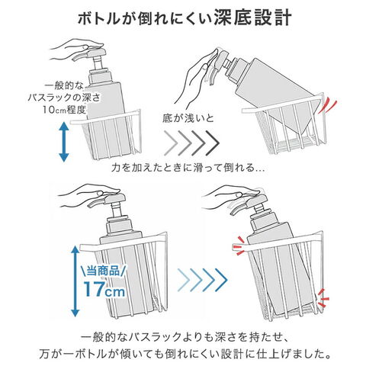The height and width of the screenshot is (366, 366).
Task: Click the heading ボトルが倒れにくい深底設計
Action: coord(185,18)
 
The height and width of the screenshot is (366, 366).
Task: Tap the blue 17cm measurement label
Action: coord(104,289)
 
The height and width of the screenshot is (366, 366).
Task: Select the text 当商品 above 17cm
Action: coord(103,271)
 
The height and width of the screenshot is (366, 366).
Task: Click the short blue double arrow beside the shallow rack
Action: coord(64,142)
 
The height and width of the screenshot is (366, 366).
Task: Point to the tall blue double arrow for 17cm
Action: coord(75,281)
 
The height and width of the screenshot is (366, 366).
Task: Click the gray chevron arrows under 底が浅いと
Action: coord(191,143)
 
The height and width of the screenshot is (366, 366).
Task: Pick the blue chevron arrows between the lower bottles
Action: coord(202,280)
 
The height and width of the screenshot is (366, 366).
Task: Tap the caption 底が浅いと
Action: coord(188,118)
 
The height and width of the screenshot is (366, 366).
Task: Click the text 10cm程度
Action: coord(63,110)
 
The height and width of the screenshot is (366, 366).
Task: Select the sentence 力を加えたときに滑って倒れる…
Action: coord(188,168)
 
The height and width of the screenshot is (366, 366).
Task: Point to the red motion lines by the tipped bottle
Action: coord(327,106)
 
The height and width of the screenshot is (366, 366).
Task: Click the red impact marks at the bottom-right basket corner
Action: coord(323,298)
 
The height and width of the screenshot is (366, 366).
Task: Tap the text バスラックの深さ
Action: coord(64,98)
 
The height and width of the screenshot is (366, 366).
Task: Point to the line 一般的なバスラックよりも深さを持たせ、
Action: coord(185,337)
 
